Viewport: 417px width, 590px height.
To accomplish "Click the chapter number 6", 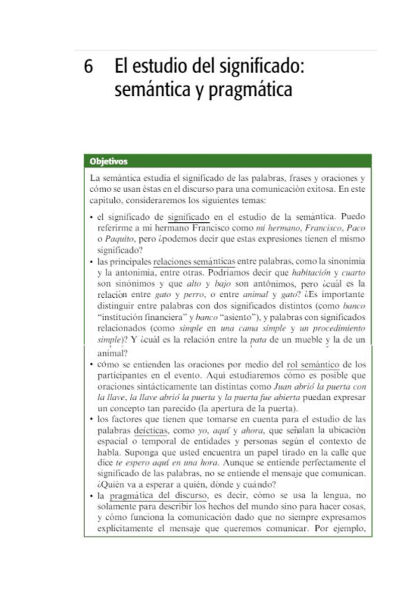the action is [x=88, y=69].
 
